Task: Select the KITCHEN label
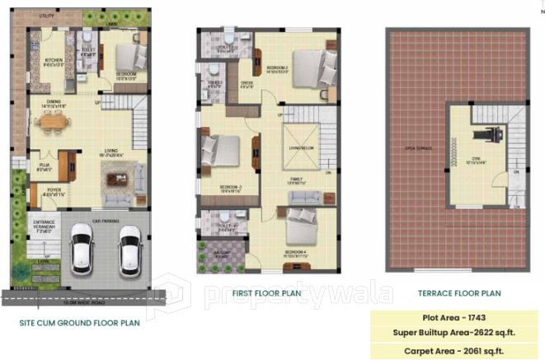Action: coord(54,61)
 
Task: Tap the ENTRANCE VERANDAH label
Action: coord(45,225)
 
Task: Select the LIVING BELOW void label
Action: coord(299,148)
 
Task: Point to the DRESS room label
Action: coord(247,83)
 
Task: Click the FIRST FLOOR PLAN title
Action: coord(267,293)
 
